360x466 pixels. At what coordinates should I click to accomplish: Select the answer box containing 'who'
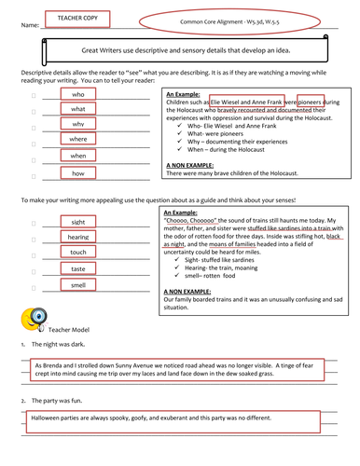click(78, 95)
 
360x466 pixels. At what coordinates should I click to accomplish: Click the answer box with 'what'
click(78, 109)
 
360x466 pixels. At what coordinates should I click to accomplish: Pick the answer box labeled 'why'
click(78, 124)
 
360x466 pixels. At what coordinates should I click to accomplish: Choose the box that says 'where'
click(78, 139)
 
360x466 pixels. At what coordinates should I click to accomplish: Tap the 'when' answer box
click(78, 156)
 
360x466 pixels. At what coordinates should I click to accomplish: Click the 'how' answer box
click(78, 173)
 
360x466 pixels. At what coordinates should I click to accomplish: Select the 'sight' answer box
click(78, 222)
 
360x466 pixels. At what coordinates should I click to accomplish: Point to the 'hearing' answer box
click(78, 237)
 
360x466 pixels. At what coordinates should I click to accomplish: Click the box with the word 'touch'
click(78, 253)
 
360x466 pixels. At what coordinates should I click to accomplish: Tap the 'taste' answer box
click(78, 268)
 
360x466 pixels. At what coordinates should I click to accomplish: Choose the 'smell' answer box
click(78, 284)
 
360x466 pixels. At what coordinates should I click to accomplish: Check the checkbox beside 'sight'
click(34, 223)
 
